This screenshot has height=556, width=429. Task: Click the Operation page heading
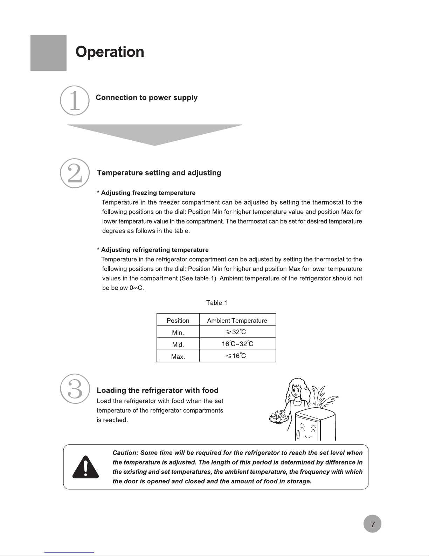110,52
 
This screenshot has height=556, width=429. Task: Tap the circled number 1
75,100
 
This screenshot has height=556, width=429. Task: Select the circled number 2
75,173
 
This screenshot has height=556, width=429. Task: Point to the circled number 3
75,389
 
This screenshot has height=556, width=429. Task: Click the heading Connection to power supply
146,98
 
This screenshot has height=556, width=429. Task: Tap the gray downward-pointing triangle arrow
154,133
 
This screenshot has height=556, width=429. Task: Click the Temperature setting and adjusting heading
159,173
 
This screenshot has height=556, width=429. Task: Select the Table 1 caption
216,303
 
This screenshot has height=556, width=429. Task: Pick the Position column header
178,320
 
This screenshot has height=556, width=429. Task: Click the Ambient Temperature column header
237,320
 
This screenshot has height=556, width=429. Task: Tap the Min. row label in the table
178,332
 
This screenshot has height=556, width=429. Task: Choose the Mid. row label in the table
178,344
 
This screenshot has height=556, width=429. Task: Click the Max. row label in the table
178,356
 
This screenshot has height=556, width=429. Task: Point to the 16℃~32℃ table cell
237,344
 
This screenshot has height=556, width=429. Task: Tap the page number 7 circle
372,524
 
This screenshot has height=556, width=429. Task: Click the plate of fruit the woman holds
279,416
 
